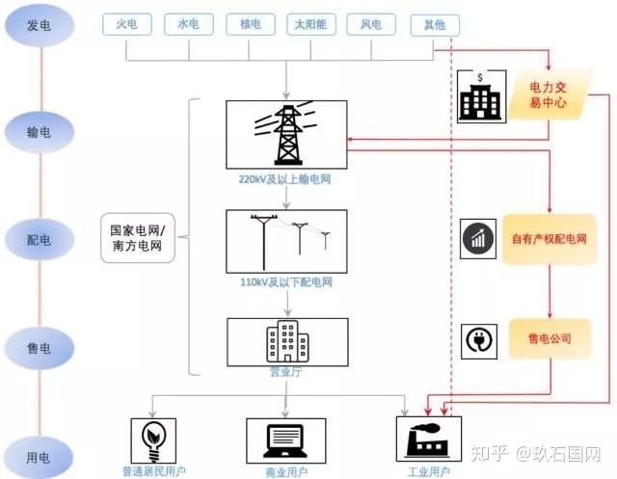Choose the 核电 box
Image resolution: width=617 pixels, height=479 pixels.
coord(251,25)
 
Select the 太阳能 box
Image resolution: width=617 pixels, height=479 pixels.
coord(311,25)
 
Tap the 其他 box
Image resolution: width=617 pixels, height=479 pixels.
coord(434,25)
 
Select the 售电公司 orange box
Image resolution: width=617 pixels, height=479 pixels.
coord(549,338)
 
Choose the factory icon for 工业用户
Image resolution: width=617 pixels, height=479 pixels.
coord(430,439)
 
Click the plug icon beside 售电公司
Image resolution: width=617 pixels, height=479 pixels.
coord(478,339)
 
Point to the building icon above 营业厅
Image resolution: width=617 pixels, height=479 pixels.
coord(286,340)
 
